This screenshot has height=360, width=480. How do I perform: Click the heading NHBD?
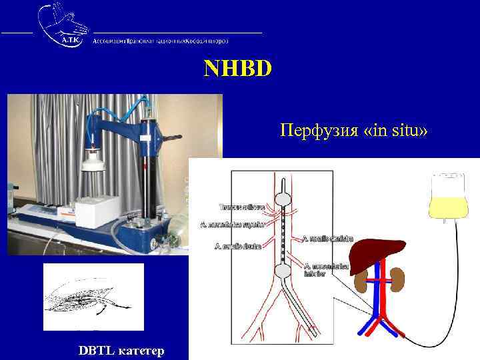(x=238, y=69)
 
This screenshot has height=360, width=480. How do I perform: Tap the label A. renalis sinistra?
(x=327, y=238)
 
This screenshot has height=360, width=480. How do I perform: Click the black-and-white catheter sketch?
(x=93, y=297)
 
